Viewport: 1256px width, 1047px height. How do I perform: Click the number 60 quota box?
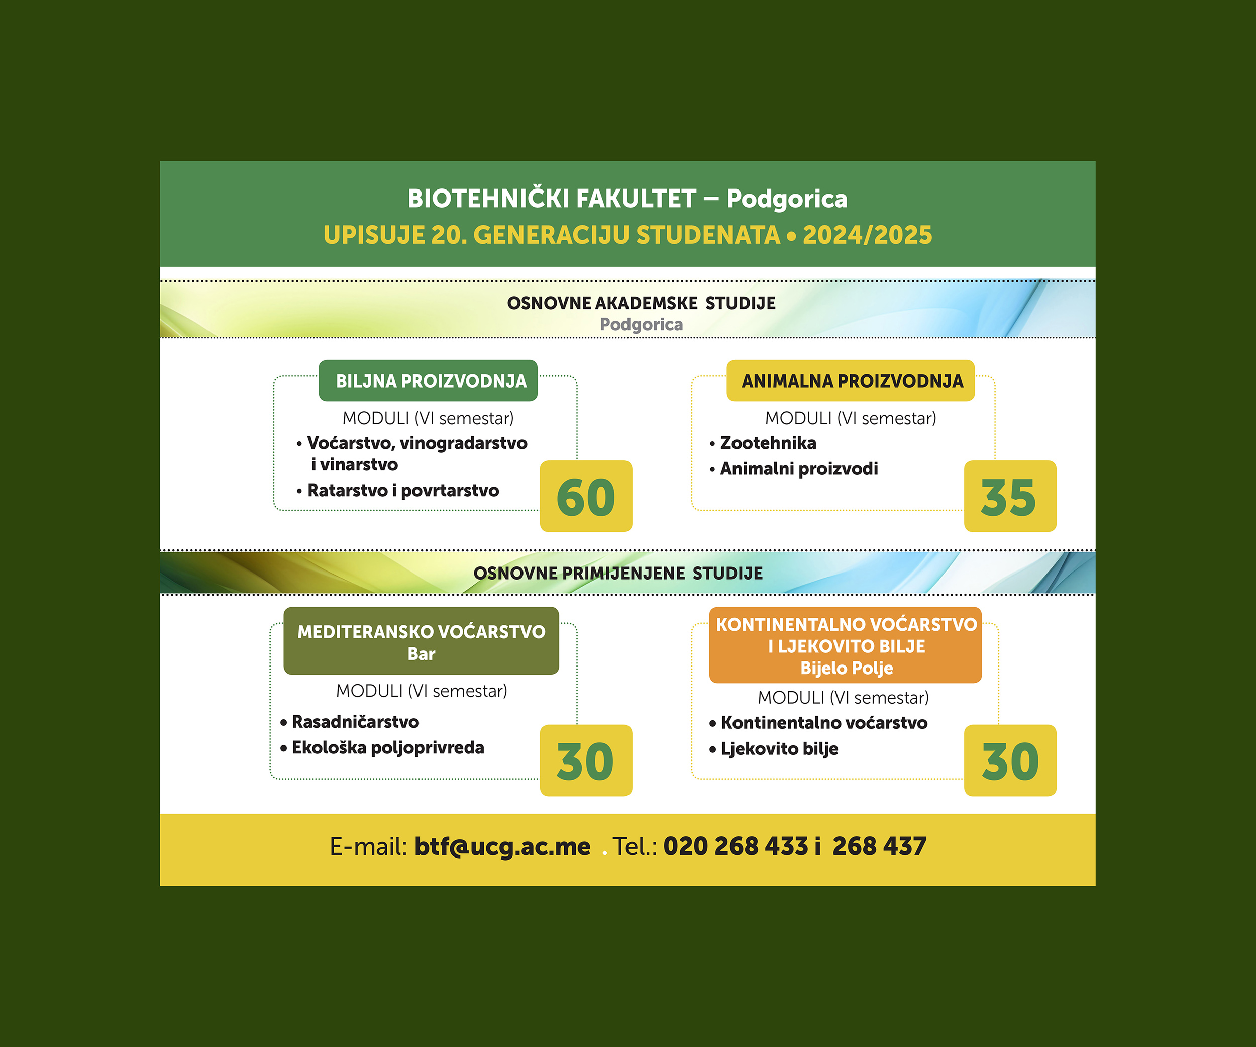click(x=585, y=496)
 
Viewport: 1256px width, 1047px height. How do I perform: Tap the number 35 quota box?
click(x=1010, y=496)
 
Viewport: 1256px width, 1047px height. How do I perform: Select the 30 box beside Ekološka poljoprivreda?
click(x=585, y=760)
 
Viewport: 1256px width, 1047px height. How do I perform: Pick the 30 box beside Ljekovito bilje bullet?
click(x=1010, y=760)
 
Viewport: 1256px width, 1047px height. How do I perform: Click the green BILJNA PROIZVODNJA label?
click(x=428, y=380)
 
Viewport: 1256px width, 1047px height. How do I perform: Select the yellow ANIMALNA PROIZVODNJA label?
click(x=851, y=380)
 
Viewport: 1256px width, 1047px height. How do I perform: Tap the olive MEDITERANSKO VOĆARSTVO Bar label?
click(x=421, y=641)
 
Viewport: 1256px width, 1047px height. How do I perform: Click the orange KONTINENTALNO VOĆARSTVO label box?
click(x=846, y=645)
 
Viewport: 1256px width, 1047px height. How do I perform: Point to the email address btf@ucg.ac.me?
click(x=502, y=846)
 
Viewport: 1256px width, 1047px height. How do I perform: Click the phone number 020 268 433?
click(x=736, y=846)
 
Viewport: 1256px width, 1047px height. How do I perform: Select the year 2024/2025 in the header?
click(x=867, y=235)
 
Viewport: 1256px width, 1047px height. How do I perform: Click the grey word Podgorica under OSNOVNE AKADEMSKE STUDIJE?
click(x=641, y=324)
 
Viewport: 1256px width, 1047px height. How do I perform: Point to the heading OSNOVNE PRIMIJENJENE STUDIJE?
click(x=618, y=573)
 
